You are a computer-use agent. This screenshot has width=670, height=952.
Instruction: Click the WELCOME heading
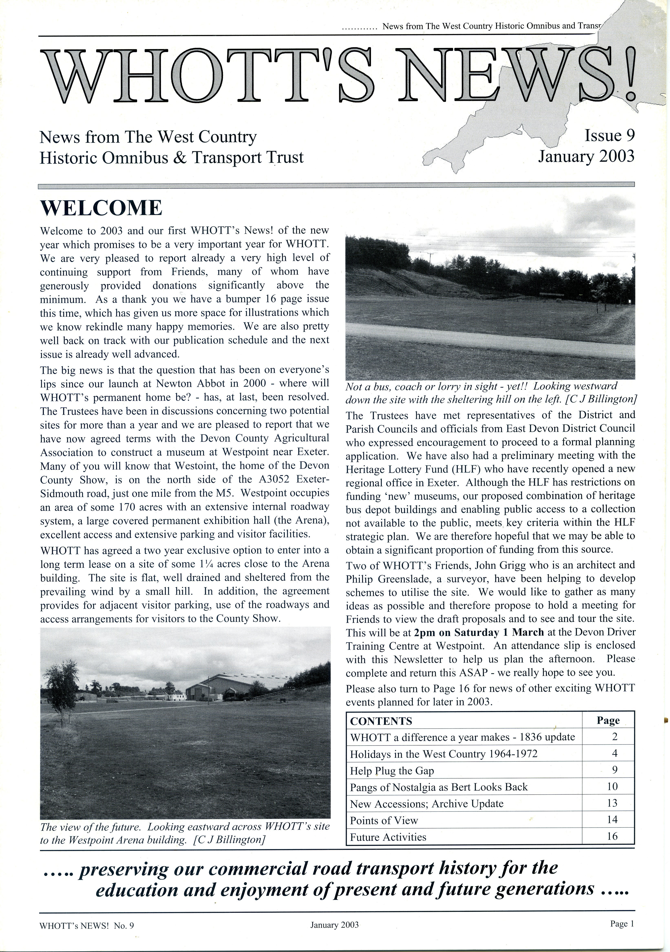101,208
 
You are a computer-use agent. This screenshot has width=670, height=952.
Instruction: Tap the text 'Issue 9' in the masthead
609,136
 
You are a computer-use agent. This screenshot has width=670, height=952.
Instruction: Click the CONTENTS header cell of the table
381,721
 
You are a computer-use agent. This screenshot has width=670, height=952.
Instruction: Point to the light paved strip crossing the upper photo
489,339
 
